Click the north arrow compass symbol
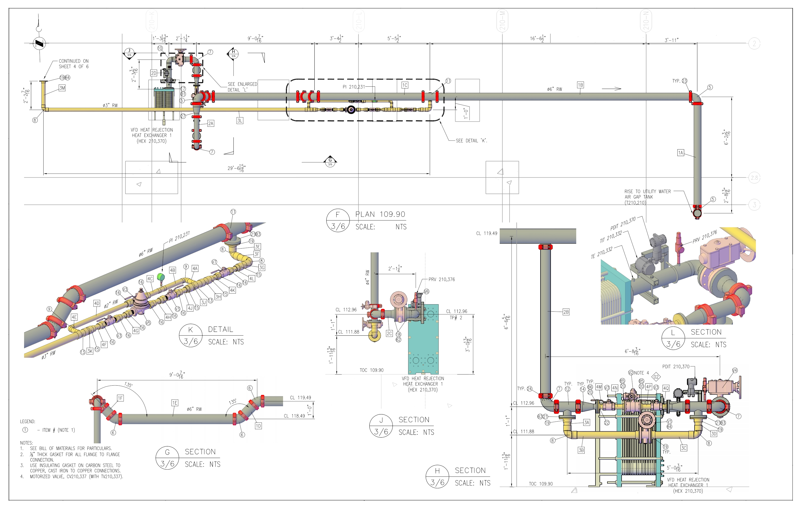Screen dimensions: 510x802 [39, 43]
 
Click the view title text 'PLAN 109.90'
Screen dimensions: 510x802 [380, 214]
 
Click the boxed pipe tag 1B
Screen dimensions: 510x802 [580, 85]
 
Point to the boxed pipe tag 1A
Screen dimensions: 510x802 [680, 153]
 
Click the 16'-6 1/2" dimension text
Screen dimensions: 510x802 [537, 38]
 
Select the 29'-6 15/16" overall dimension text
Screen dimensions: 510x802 [236, 168]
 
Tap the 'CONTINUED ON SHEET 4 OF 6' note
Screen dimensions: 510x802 [73, 64]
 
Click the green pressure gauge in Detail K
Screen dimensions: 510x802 [161, 277]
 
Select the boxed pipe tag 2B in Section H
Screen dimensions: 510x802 [566, 312]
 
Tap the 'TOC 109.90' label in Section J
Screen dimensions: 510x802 [371, 370]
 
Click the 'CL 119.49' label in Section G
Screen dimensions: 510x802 [300, 398]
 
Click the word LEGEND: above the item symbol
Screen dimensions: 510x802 [27, 421]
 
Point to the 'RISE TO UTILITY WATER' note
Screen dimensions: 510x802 [647, 192]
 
